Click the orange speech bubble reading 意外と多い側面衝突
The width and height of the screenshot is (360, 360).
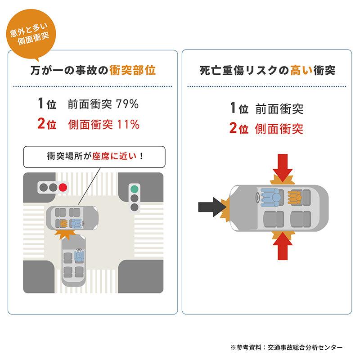point(31,34)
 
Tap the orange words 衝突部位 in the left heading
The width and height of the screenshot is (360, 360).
point(132,70)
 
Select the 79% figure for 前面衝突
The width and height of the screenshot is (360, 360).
point(127,104)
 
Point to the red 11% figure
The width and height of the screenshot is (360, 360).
point(128,125)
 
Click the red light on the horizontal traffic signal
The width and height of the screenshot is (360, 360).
point(63,187)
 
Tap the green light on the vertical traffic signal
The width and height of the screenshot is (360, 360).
point(134,189)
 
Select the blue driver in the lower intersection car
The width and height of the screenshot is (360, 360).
point(79,256)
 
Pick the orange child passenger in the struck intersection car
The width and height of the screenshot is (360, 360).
point(63,223)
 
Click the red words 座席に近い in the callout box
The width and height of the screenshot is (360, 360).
point(114,156)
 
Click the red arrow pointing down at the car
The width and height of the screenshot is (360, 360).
point(283,168)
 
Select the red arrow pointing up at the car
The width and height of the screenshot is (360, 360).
point(283,246)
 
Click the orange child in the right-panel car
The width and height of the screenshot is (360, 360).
point(295,198)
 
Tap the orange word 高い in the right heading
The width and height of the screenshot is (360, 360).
point(301,70)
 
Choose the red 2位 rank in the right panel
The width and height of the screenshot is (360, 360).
point(239,128)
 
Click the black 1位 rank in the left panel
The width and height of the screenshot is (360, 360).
point(47,103)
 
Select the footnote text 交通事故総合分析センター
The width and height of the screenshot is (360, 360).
point(305,347)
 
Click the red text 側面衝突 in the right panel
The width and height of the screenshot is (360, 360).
point(279,129)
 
